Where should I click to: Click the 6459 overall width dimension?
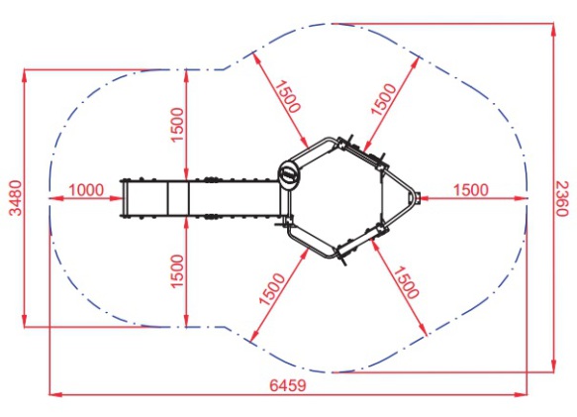coord(288,385)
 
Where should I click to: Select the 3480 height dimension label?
coord(16,198)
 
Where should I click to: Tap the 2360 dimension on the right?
coord(562,198)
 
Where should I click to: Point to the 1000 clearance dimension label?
coord(86,190)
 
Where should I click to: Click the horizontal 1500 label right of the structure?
coord(471,190)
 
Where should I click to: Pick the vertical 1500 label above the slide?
coord(177,125)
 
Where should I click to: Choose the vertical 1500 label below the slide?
coord(177,271)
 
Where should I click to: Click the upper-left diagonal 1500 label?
coord(288,96)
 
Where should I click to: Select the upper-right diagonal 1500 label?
coord(384,99)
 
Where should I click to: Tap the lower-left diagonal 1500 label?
coord(272,289)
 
